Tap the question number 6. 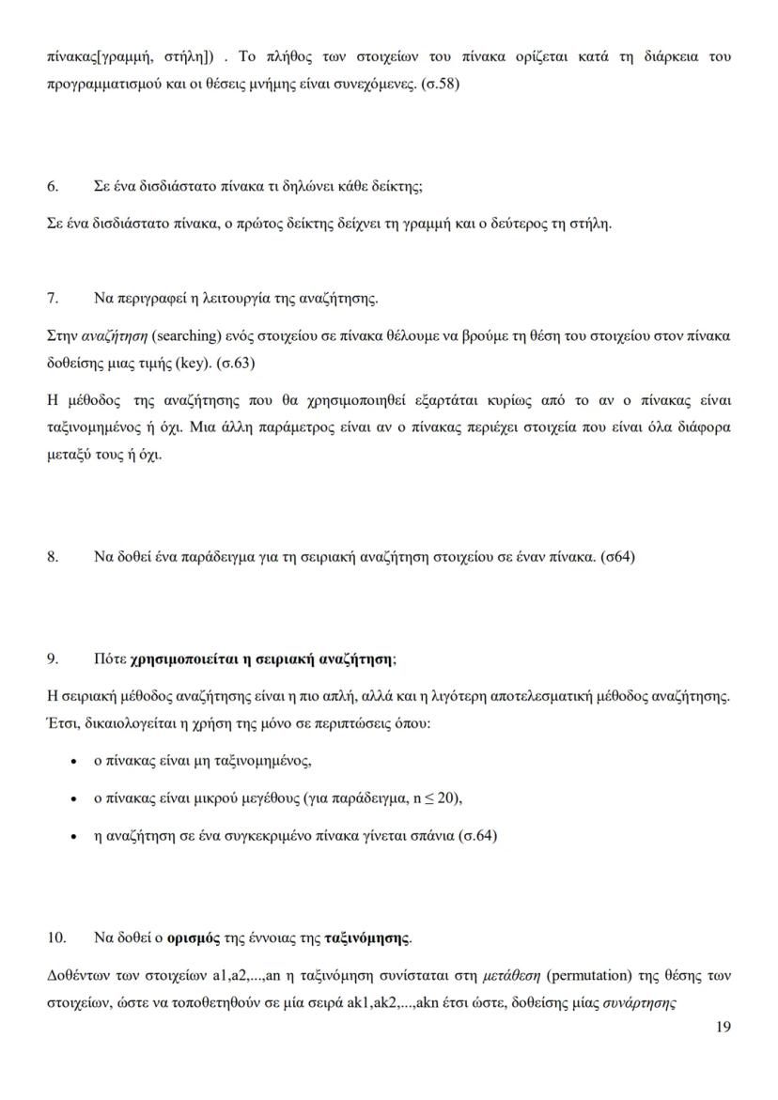tap(53, 186)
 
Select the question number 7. tap(53, 299)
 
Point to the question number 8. tap(53, 556)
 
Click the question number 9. tap(53, 659)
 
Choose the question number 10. tap(56, 937)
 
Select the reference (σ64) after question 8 tap(617, 556)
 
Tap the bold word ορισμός tap(193, 937)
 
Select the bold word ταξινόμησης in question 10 tap(367, 937)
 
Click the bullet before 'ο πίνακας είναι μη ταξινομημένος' tap(74, 762)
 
